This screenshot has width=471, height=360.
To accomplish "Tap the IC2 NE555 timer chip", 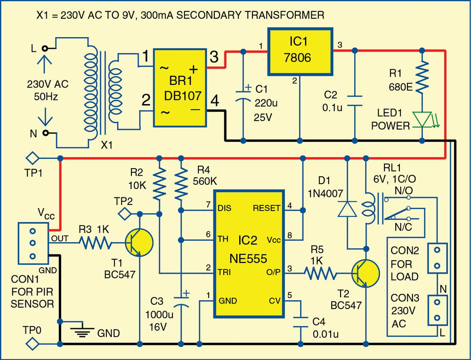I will coord(249,254).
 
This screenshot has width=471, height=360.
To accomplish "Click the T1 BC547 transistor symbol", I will coord(139,244).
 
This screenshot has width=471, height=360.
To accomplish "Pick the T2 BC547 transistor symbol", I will coord(365,273).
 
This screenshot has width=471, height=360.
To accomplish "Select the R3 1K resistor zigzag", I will coord(95,244).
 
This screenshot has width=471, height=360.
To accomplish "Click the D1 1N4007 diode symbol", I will coord(347,209).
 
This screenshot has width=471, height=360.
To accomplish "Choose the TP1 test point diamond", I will coord(32,158).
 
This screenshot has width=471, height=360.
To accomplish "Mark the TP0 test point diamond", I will coord(32,344).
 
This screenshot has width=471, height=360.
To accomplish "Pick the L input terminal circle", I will coord(45,48).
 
